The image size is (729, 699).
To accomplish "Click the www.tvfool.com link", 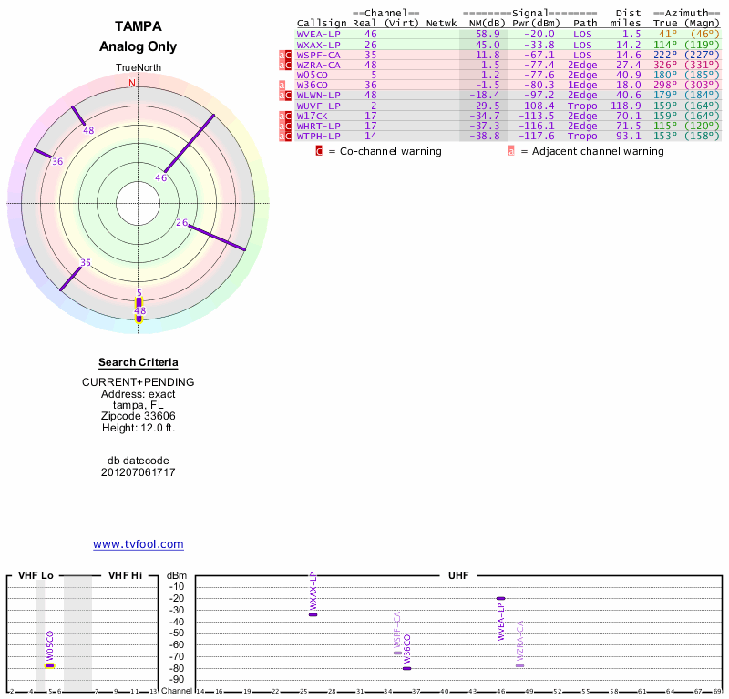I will (x=139, y=544).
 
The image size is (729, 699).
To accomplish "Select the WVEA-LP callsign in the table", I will (x=319, y=34).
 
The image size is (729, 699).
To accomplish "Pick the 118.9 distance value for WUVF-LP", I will (x=625, y=105).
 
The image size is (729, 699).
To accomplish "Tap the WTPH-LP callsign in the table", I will (x=319, y=136).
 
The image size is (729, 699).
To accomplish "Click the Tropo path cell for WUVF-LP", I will (x=582, y=105).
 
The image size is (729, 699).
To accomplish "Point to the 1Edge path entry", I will (x=582, y=85).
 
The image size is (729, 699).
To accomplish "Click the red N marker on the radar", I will (x=132, y=83).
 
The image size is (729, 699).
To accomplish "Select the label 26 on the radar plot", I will (x=182, y=223).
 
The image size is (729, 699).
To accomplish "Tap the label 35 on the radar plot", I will (x=86, y=263).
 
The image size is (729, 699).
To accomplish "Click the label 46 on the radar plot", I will (x=161, y=178).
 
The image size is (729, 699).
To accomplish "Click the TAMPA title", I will (x=139, y=26).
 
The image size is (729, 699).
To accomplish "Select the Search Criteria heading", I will (x=139, y=362).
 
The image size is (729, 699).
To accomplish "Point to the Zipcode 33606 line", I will (x=139, y=415).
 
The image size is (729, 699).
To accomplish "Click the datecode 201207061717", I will (x=139, y=472).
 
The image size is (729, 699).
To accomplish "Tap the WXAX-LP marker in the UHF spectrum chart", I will (x=313, y=614).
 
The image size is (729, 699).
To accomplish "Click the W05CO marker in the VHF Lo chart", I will (x=50, y=665).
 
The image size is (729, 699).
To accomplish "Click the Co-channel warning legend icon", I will (x=320, y=151).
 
